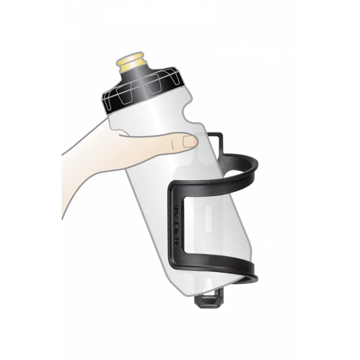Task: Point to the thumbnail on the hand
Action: click(188, 142)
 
